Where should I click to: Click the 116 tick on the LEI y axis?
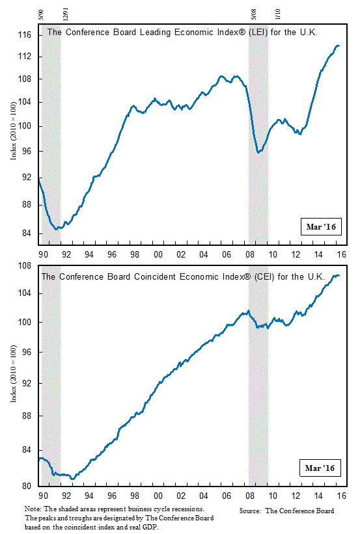point(25,34)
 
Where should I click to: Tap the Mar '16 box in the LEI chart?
point(321,226)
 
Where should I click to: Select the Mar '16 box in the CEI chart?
point(320,468)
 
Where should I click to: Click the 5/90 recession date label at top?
point(41,15)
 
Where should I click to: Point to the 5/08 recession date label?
point(253,15)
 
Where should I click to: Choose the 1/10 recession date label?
point(277,14)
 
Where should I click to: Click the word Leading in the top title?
point(156,33)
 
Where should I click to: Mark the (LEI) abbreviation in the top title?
point(258,33)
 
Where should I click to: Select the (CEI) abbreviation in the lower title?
point(264,276)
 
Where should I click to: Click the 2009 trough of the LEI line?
point(258,152)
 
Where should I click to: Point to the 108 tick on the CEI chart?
point(25,265)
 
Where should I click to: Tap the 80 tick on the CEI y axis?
point(26,486)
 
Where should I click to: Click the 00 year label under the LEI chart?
point(158,254)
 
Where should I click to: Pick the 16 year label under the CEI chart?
point(342,496)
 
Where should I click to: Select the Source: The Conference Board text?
point(286,511)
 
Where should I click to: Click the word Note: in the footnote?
point(33,509)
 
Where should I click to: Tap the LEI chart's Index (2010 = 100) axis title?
point(13,131)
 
